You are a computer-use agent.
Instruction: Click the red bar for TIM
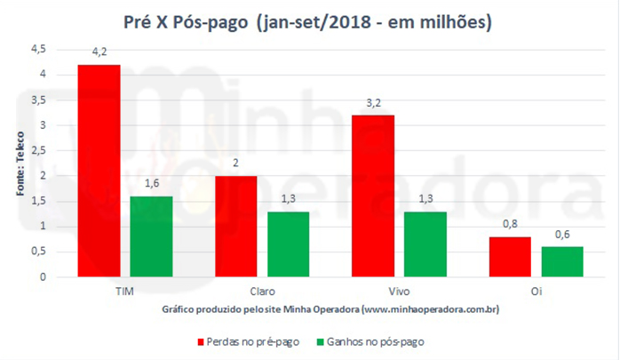[99, 171]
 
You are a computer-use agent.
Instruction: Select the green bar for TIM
[150, 236]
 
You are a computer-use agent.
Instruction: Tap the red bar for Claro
[235, 226]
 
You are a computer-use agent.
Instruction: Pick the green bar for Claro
[287, 244]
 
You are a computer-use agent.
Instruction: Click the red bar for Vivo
[372, 196]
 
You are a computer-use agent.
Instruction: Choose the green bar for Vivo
[424, 244]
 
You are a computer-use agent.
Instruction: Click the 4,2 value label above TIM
[99, 54]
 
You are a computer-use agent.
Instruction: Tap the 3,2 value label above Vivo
[372, 105]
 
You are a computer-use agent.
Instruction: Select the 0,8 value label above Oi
[508, 226]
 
